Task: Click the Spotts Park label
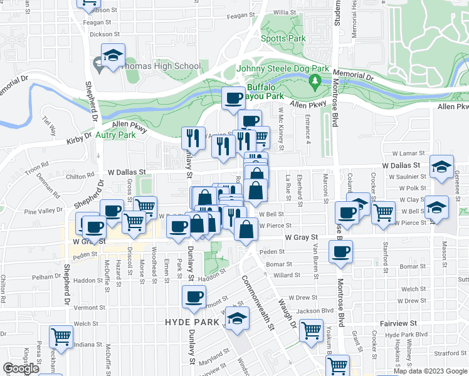click(x=288, y=39)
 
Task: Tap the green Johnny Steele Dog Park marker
click(x=316, y=81)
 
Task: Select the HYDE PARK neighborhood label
click(x=191, y=321)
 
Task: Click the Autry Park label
click(x=115, y=135)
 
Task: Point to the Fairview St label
click(x=398, y=323)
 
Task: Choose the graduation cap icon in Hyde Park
click(x=238, y=320)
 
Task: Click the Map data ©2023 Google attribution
click(x=429, y=371)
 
